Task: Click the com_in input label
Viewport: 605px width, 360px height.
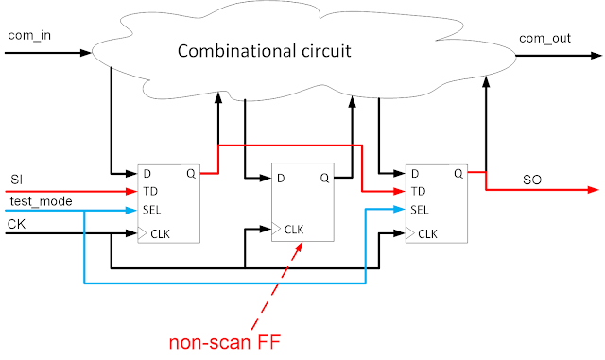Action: point(28,35)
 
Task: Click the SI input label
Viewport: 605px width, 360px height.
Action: point(16,180)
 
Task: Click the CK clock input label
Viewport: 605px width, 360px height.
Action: point(17,223)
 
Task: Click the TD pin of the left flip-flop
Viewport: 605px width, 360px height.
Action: point(149,191)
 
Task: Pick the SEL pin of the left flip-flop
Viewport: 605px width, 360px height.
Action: point(152,209)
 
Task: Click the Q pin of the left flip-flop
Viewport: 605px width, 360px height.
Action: point(190,174)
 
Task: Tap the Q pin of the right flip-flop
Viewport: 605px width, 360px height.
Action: point(458,174)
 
